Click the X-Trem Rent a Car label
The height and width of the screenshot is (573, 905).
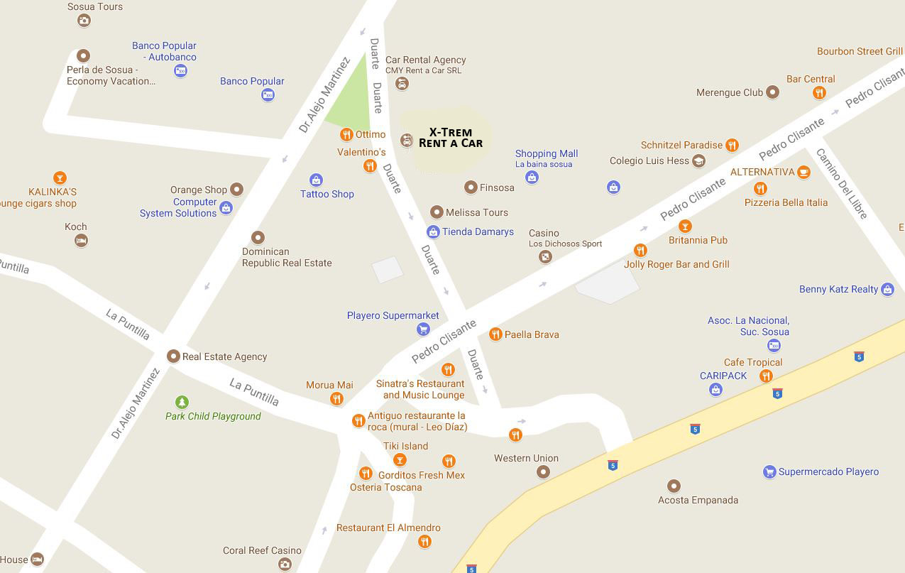(x=451, y=138)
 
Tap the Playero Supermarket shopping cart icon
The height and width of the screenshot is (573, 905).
(x=423, y=329)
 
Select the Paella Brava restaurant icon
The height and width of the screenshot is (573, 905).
(x=495, y=334)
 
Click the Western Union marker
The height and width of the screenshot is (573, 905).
(x=543, y=471)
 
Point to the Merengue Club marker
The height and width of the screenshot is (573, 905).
(x=773, y=92)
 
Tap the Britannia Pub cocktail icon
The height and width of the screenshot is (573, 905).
(x=685, y=227)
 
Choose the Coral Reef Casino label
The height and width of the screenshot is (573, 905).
(x=262, y=550)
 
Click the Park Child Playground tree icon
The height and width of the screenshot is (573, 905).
(x=182, y=403)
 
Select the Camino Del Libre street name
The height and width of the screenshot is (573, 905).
(x=842, y=183)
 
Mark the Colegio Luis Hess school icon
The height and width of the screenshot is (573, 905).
(x=698, y=161)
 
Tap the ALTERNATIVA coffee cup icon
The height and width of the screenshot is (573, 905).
(x=803, y=172)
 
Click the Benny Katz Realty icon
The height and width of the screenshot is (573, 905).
(x=887, y=289)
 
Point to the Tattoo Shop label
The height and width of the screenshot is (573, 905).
(x=327, y=194)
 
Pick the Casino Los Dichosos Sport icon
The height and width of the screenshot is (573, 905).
(x=545, y=257)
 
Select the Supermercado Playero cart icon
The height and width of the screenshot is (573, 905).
(x=769, y=471)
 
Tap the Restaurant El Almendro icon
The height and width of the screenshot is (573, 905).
(x=424, y=542)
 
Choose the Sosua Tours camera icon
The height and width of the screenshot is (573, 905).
(x=84, y=20)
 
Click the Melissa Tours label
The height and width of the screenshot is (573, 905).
(x=476, y=212)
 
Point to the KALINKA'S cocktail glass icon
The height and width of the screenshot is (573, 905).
(x=60, y=178)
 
